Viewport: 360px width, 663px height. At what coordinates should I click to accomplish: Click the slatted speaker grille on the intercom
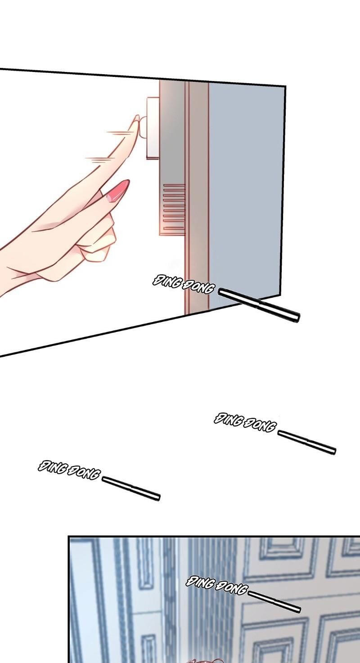pyautogui.click(x=174, y=207)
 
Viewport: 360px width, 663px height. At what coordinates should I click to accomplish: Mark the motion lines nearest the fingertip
pyautogui.click(x=117, y=134)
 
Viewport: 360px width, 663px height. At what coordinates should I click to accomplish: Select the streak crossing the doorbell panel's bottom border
pyautogui.click(x=259, y=305)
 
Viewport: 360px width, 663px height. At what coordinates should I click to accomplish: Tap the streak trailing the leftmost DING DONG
pyautogui.click(x=130, y=488)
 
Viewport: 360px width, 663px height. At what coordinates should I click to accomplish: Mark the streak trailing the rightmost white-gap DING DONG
pyautogui.click(x=307, y=442)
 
